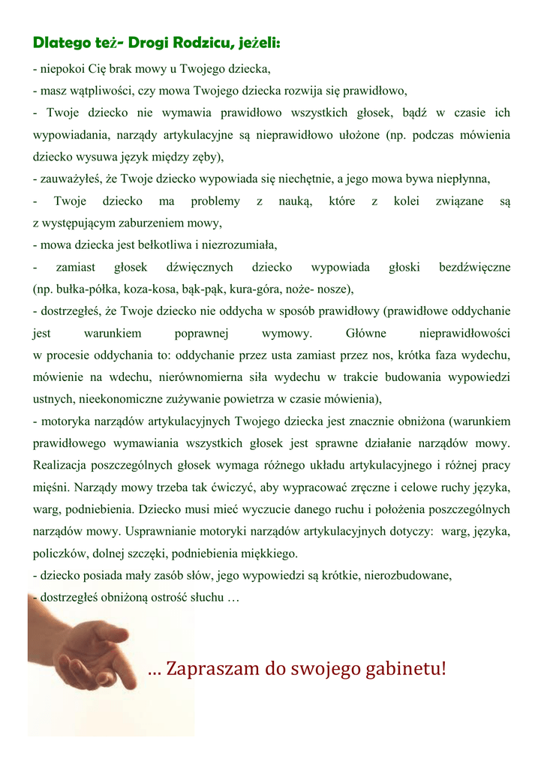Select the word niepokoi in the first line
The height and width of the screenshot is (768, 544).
61,70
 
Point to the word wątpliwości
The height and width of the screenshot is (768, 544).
94,91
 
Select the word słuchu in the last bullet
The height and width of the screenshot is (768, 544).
207,598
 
